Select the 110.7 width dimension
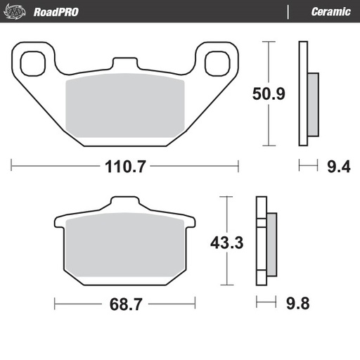click(x=125, y=167)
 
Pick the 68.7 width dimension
click(x=125, y=304)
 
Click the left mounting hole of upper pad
click(x=32, y=63)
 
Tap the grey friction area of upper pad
click(x=124, y=110)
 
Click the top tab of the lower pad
click(x=124, y=205)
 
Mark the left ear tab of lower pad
click(x=60, y=224)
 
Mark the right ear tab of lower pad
click(x=188, y=224)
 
